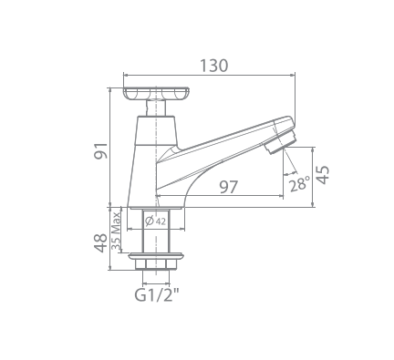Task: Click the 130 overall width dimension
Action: click(213, 66)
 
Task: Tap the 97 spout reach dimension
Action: click(228, 187)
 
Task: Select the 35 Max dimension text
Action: click(116, 231)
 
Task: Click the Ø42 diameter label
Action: click(155, 221)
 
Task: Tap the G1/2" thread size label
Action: click(156, 294)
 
